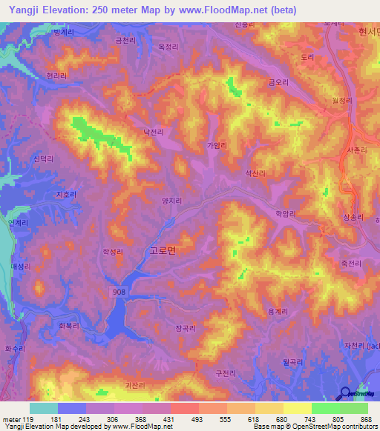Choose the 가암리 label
(x=218, y=146)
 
